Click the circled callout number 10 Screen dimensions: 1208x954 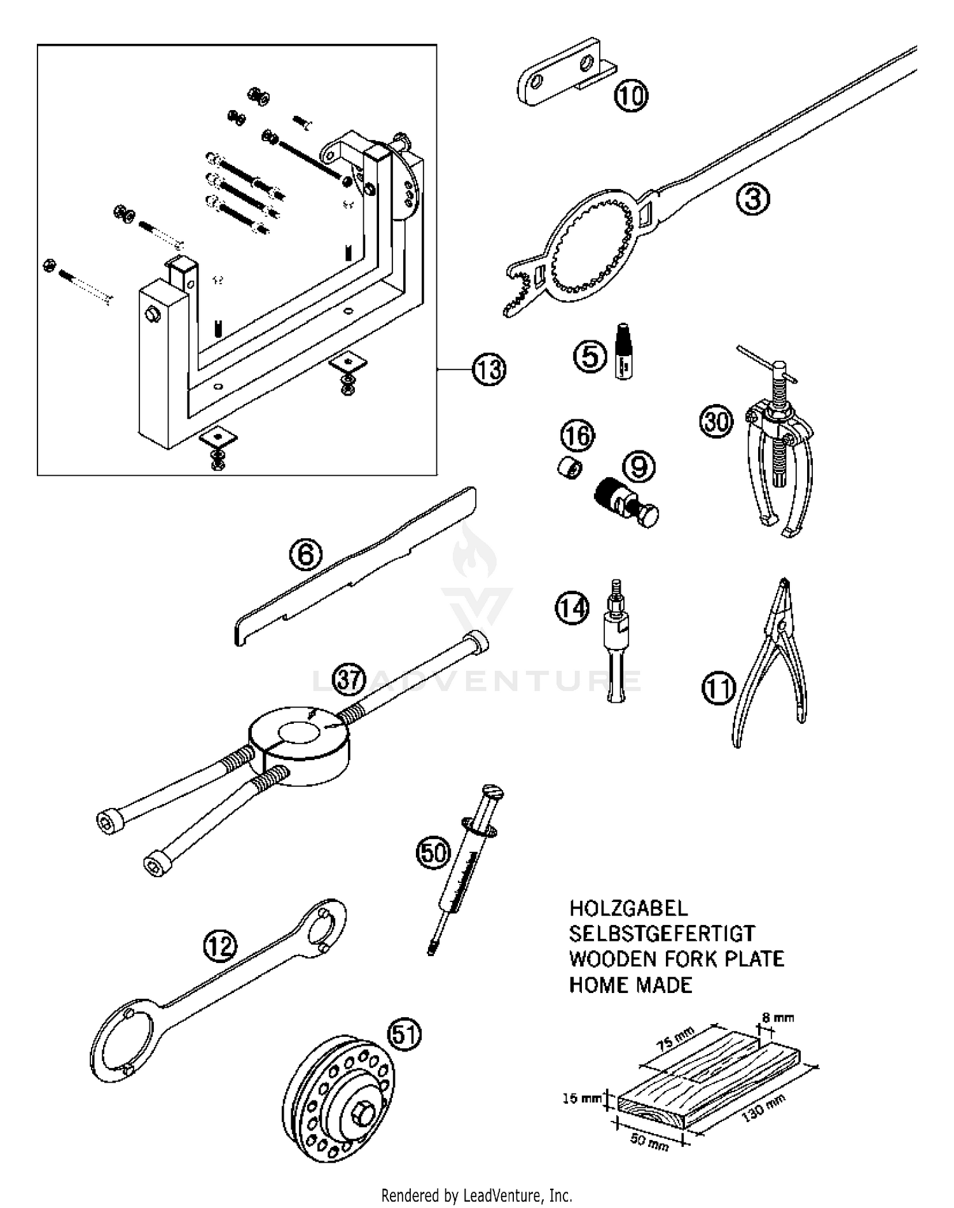pyautogui.click(x=631, y=96)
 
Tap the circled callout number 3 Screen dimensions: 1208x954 pyautogui.click(x=753, y=199)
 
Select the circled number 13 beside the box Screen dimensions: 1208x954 pyautogui.click(x=488, y=370)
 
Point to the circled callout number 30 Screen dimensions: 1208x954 pyautogui.click(x=716, y=422)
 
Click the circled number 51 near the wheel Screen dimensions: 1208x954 pyautogui.click(x=405, y=1035)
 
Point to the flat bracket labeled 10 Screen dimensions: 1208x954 pyautogui.click(x=558, y=79)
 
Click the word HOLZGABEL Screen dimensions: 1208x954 pyautogui.click(x=628, y=908)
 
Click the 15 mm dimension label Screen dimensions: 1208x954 pyautogui.click(x=581, y=1098)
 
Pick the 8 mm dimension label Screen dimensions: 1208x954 pyautogui.click(x=778, y=1017)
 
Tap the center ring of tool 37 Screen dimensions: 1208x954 pyautogui.click(x=298, y=742)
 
